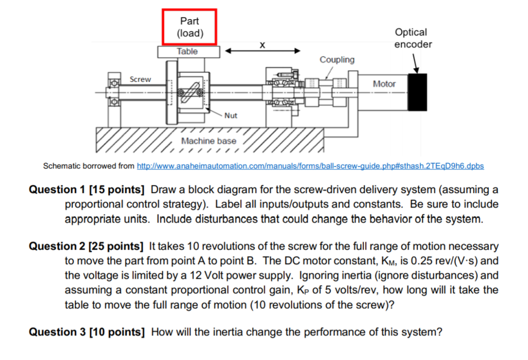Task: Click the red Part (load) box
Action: point(189,27)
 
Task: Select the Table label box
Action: point(188,52)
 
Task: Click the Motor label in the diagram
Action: point(384,84)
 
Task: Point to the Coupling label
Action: point(337,60)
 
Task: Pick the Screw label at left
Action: point(140,79)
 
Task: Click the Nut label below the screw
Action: point(230,116)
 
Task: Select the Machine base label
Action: point(209,141)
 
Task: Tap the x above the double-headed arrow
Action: point(263,45)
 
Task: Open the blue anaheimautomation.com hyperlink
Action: point(310,166)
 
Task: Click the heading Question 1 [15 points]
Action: point(86,189)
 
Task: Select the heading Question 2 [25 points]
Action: point(86,247)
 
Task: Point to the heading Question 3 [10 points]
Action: point(86,332)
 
